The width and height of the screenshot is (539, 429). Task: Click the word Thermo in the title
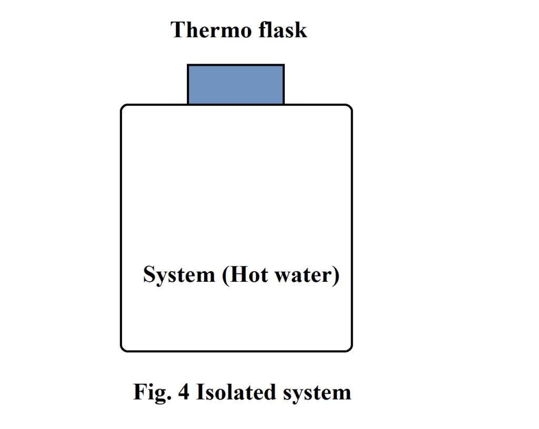(208, 30)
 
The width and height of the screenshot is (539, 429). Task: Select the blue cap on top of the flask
(236, 84)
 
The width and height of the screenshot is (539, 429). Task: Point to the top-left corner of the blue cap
(188, 65)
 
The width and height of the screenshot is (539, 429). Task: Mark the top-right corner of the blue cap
(284, 65)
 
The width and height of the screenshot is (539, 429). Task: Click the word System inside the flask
(179, 275)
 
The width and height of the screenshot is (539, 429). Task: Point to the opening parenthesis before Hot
(224, 275)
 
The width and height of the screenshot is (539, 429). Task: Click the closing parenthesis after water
(335, 275)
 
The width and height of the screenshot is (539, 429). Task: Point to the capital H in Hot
(235, 275)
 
